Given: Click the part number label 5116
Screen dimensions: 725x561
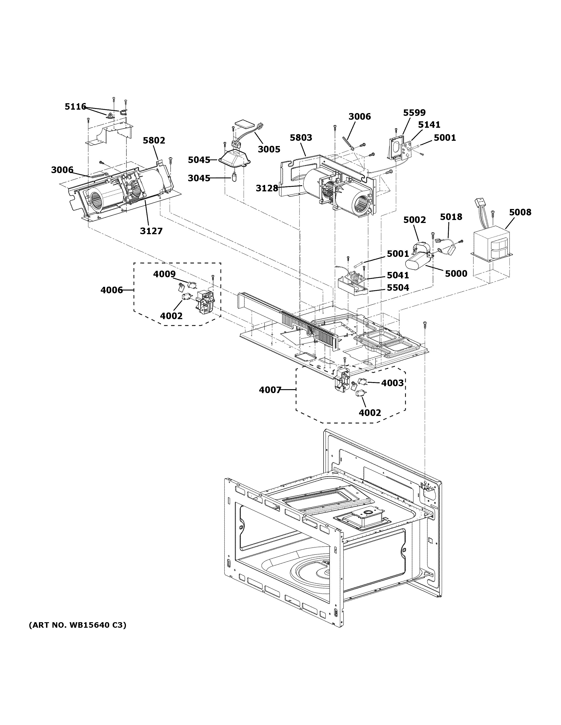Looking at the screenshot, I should point(75,106).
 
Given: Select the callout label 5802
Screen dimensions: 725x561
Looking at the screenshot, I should point(154,140).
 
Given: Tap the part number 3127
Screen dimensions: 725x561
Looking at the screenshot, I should point(151,231).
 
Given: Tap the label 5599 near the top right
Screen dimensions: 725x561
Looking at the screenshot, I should point(414,113).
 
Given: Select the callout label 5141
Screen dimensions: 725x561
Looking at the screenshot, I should point(429,125).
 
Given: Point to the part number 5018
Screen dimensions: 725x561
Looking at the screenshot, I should point(451,217).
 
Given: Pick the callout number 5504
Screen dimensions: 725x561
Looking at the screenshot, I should point(398,288).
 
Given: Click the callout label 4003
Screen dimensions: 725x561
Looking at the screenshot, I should point(392,383).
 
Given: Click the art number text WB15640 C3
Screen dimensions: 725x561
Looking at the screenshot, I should point(77,625).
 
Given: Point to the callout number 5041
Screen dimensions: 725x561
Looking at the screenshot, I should point(398,275).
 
